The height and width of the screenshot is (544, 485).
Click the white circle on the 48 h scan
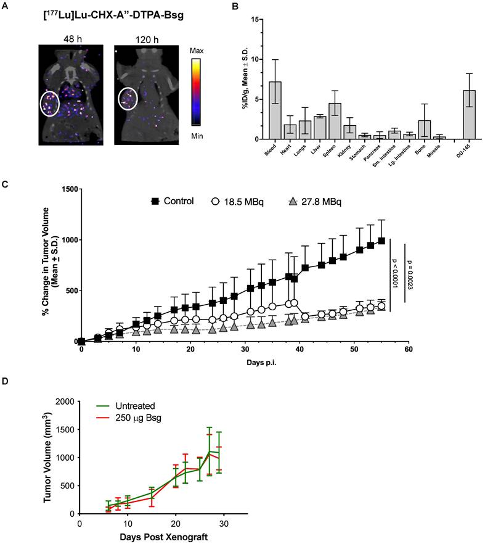click(49, 104)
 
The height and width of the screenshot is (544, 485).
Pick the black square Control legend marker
click(156, 201)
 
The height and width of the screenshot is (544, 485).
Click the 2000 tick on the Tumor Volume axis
click(65, 402)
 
